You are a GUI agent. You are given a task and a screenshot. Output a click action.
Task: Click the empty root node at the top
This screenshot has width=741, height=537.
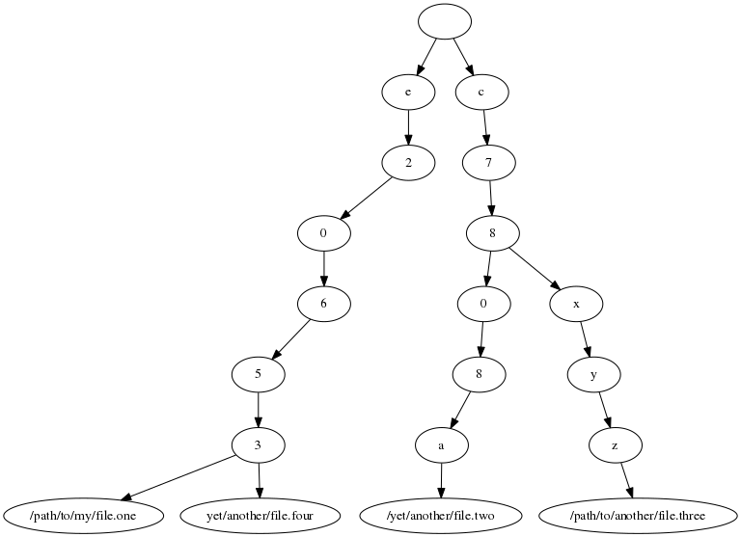coord(445,21)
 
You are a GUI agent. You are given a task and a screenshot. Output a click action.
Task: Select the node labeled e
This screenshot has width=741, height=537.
coord(408,92)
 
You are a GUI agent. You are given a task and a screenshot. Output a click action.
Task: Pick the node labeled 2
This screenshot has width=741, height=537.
coord(408,162)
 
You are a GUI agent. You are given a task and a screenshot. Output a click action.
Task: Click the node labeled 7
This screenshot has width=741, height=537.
coord(489,162)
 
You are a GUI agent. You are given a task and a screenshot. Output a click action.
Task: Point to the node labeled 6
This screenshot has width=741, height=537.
coord(323,303)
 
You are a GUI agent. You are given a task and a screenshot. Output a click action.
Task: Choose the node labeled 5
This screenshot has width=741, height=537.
coord(258,373)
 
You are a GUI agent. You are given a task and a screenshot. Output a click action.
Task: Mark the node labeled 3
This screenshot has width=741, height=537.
coord(258,443)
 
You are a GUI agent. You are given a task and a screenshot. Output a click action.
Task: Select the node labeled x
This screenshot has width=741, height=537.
coord(576,303)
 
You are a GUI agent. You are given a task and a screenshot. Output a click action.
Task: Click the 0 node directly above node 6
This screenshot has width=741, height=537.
coord(323,232)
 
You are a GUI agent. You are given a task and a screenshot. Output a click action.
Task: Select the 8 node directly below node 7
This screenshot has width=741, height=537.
coord(493,232)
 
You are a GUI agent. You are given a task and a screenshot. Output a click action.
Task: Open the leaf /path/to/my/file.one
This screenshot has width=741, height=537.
coord(69,515)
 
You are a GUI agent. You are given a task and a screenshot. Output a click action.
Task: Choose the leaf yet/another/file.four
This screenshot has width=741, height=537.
coord(260,515)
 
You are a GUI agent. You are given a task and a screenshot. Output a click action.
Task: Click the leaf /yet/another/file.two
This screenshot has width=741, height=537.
coord(441,515)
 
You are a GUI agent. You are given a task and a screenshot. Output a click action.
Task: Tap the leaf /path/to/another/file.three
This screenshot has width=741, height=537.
coord(638,515)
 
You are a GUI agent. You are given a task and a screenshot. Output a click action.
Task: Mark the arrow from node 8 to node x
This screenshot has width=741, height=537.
coord(534,267)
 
